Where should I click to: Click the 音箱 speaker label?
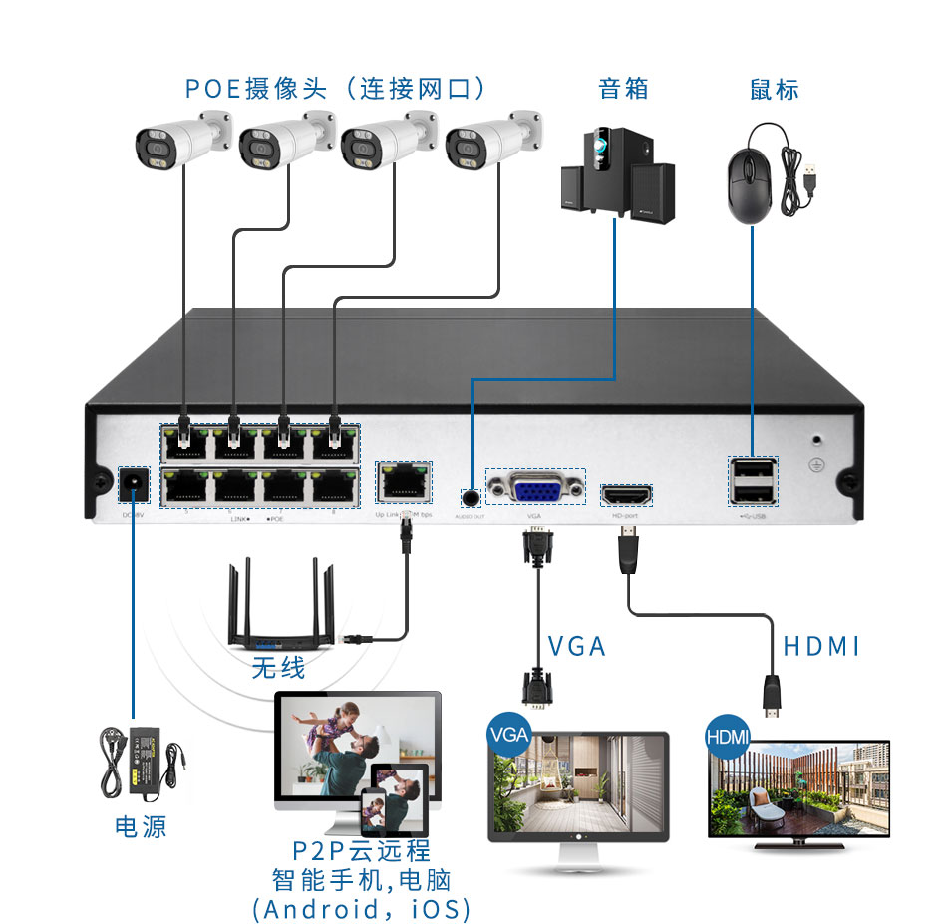click(623, 88)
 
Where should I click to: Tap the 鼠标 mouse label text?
click(775, 88)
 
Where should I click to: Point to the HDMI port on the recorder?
click(626, 493)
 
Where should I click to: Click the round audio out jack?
click(471, 495)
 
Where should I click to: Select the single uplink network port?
click(402, 484)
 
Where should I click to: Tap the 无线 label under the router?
click(278, 666)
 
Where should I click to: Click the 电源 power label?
click(141, 826)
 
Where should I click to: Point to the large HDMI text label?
click(820, 646)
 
